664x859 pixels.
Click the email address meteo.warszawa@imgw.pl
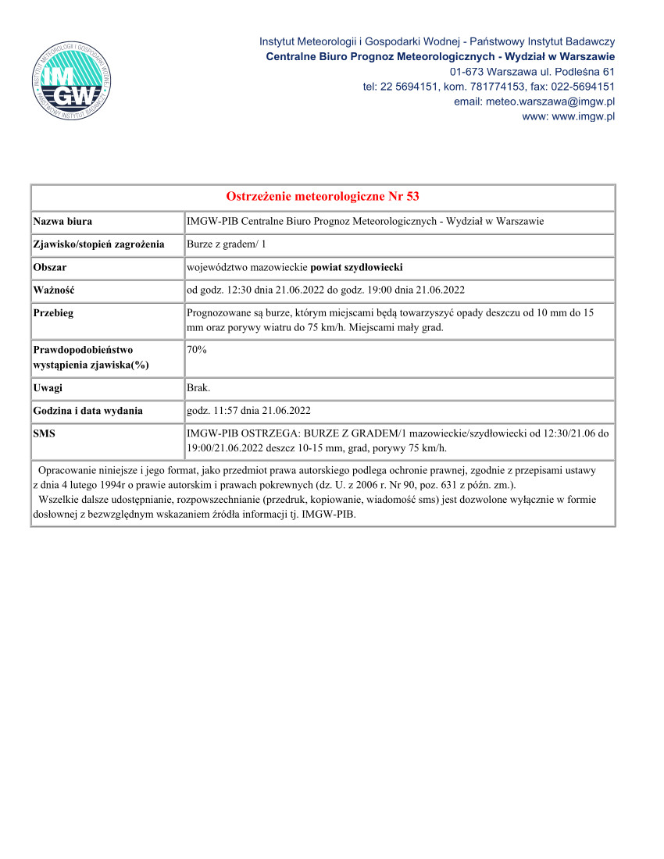tap(534, 102)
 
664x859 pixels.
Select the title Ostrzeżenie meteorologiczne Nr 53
tap(323, 196)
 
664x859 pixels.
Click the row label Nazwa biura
tap(62, 222)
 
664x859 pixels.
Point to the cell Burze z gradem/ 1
tap(226, 244)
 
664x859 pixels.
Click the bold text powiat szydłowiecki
tap(356, 267)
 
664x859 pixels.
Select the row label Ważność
tap(54, 290)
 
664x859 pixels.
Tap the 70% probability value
tap(197, 350)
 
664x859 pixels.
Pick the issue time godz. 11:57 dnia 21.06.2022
tap(249, 411)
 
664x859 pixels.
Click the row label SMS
tap(45, 433)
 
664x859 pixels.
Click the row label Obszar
tap(50, 267)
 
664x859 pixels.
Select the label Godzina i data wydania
tap(87, 411)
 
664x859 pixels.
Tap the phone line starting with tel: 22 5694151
tap(488, 87)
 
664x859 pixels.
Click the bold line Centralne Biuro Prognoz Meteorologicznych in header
tap(440, 56)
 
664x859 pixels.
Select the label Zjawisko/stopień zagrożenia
tap(98, 244)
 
